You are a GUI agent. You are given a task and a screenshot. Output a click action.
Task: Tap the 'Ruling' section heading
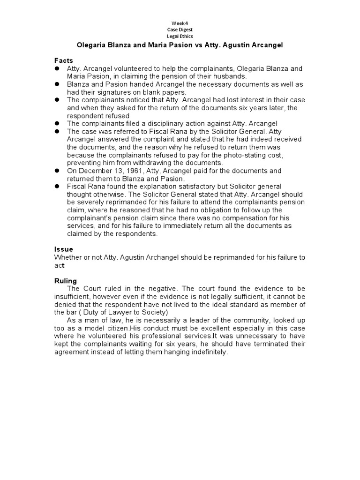(x=65, y=281)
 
